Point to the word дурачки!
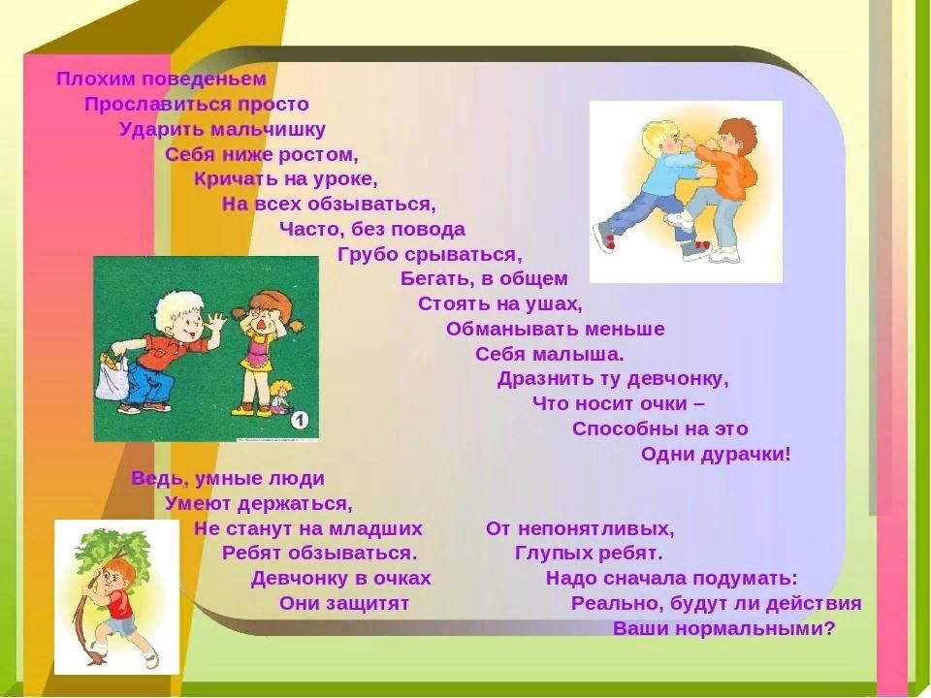[x=746, y=455]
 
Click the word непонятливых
[x=595, y=529]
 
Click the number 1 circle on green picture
[x=300, y=421]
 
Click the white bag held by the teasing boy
[x=113, y=377]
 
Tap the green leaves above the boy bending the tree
[x=112, y=545]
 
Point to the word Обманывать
[x=512, y=329]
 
